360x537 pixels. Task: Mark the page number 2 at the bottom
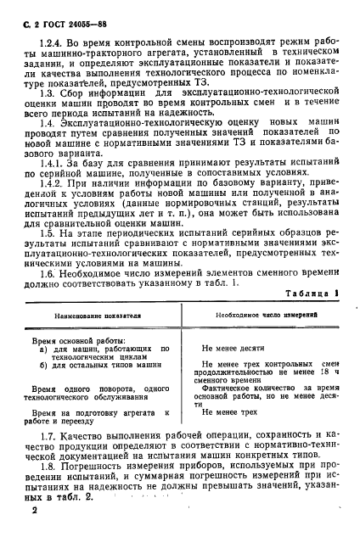click(x=35, y=514)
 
